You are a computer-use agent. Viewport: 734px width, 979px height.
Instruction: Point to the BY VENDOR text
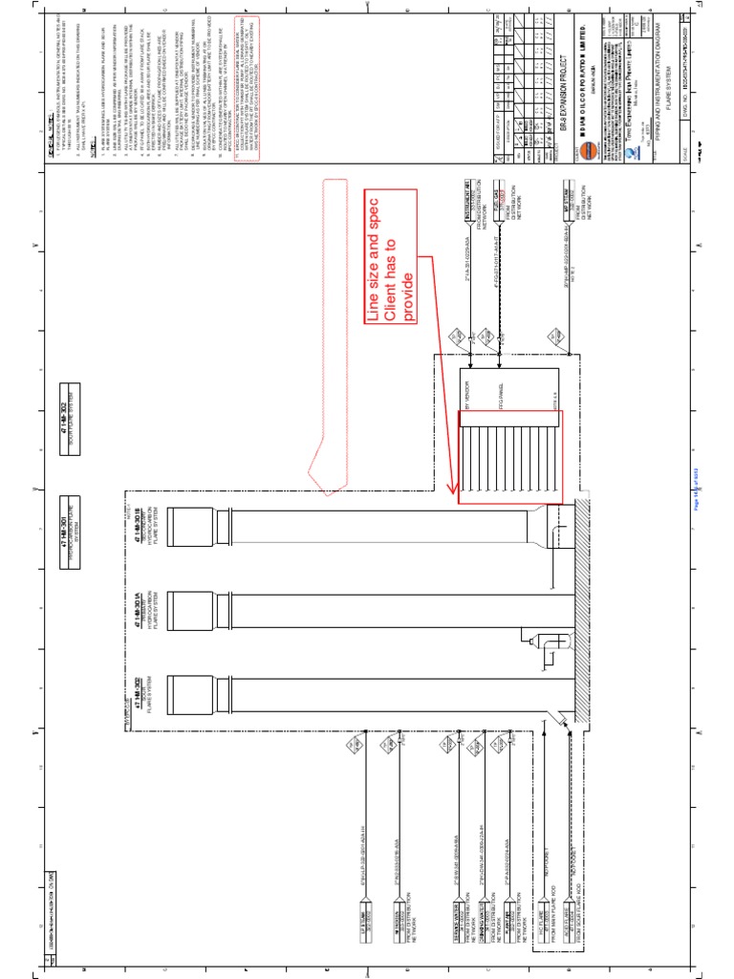point(468,402)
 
